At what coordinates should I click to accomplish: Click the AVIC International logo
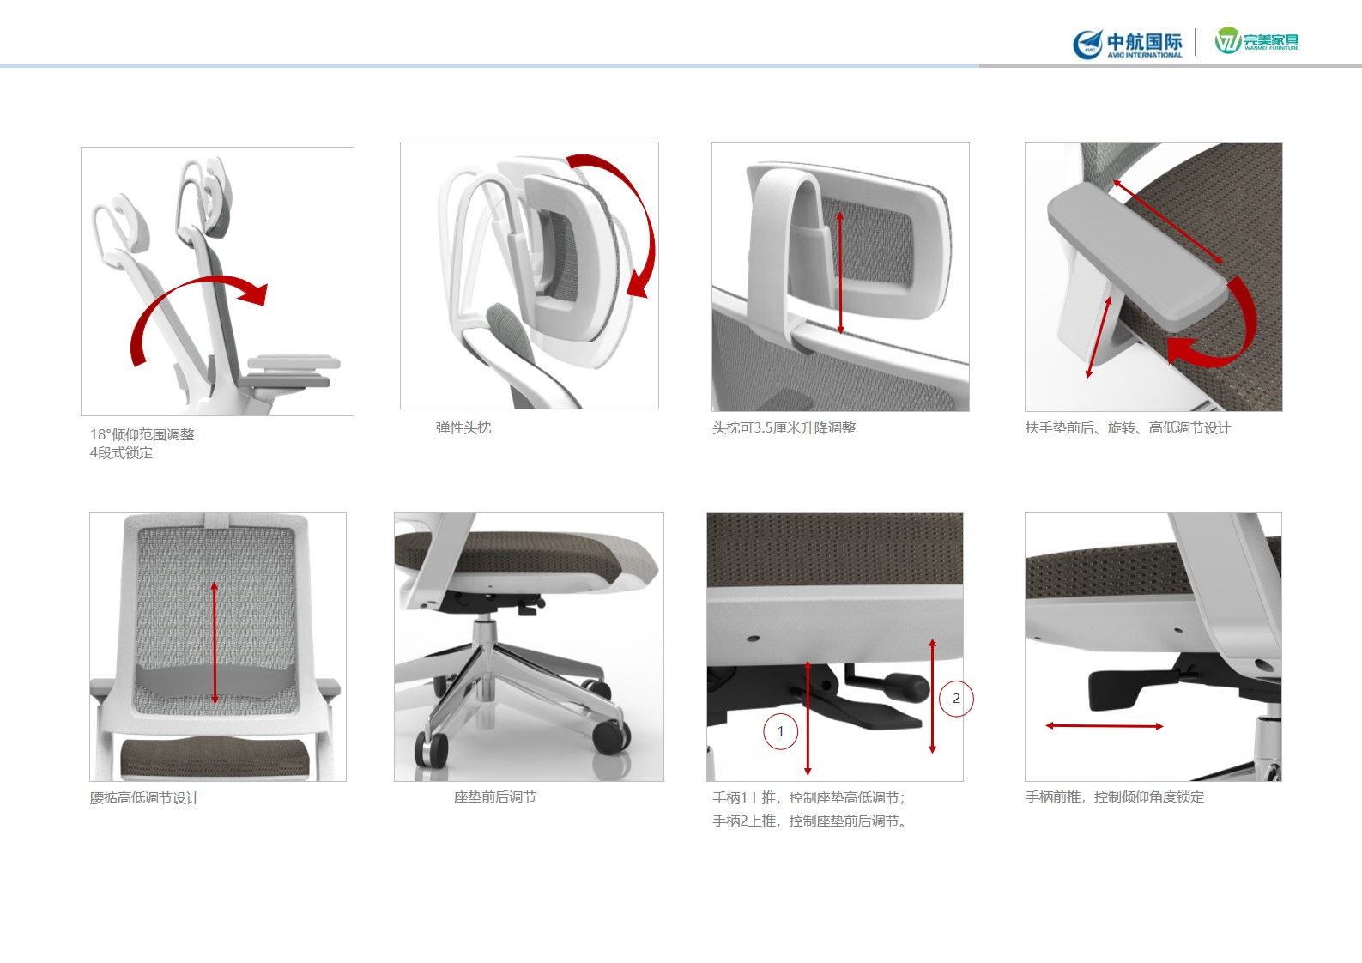click(x=1128, y=44)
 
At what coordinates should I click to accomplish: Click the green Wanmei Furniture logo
click(x=1256, y=40)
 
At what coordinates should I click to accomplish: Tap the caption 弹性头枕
click(x=463, y=428)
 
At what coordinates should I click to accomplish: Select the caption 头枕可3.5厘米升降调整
click(x=784, y=428)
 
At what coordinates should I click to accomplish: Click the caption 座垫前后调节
click(x=495, y=797)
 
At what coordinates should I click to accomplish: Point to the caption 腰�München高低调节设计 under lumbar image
click(x=145, y=797)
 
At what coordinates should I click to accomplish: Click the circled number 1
click(x=781, y=731)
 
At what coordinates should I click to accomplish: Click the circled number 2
click(x=956, y=699)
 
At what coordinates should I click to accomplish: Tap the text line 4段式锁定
click(x=121, y=453)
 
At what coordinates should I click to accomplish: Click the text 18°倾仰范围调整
click(x=142, y=434)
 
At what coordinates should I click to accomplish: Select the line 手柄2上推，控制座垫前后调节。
click(x=811, y=821)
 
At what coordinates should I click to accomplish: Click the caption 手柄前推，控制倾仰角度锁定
click(x=1115, y=797)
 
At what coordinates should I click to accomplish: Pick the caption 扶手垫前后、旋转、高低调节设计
click(x=1128, y=428)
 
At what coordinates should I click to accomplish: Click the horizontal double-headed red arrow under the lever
click(x=1105, y=726)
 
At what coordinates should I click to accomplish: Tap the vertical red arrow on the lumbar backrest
click(x=214, y=643)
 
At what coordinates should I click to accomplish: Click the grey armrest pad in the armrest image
click(x=1137, y=256)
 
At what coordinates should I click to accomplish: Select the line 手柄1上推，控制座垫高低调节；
click(x=809, y=797)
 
